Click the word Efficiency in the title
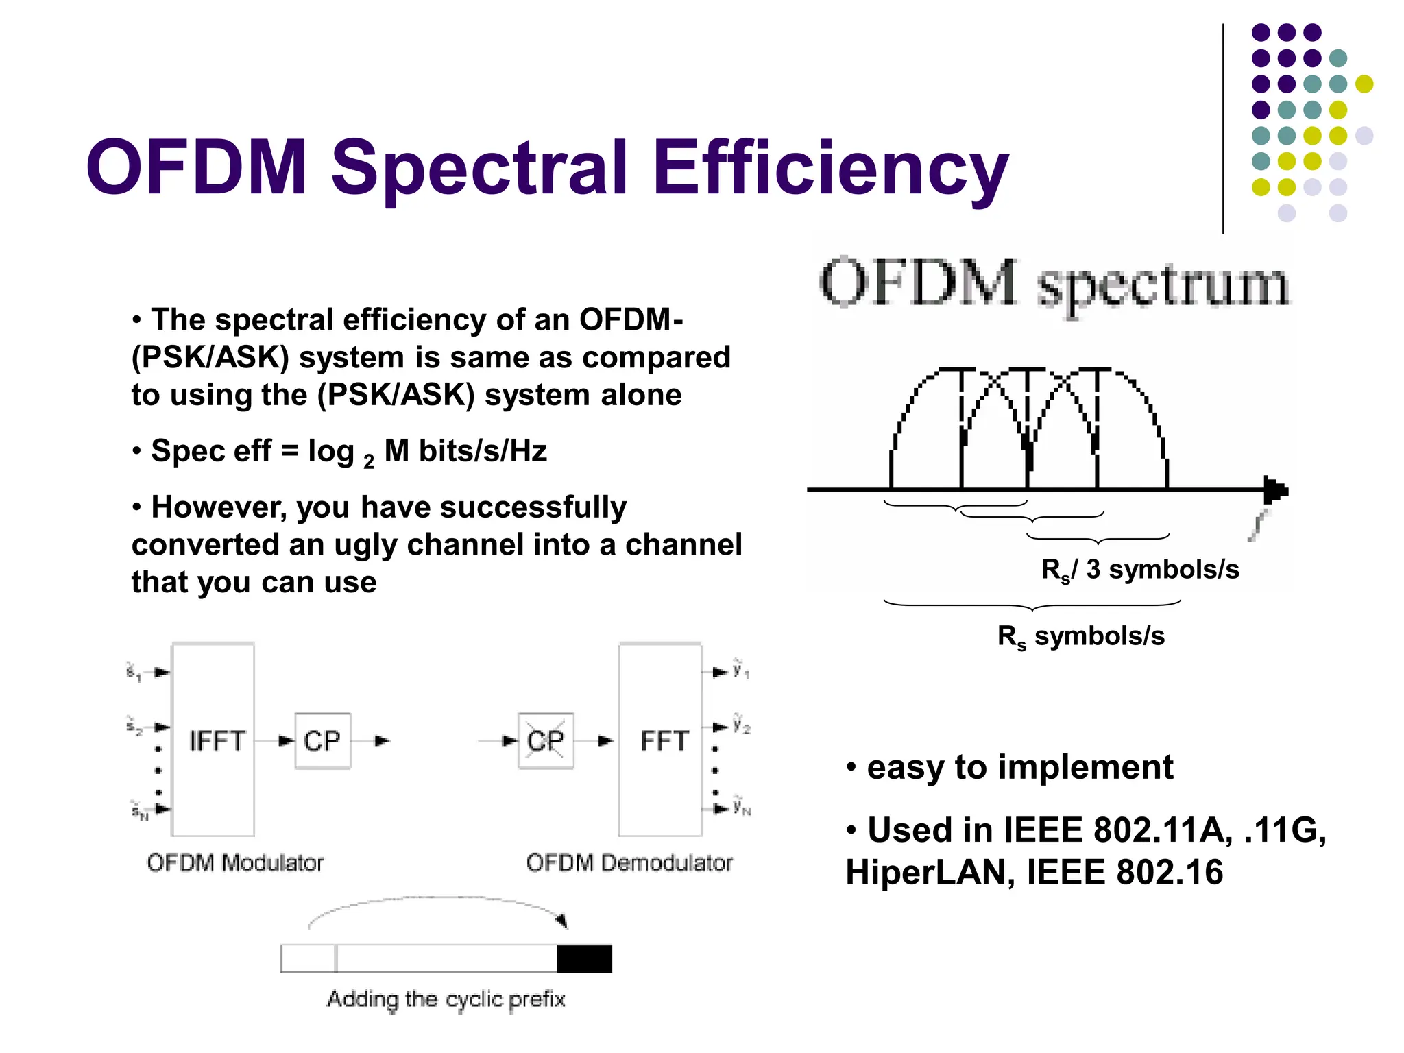coord(830,168)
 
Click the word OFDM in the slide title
coord(197,168)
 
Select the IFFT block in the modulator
coord(213,740)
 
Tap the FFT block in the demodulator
coord(661,740)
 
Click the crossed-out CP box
coord(546,740)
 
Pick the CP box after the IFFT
coord(322,740)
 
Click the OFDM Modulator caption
coord(235,862)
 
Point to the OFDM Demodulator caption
coord(629,862)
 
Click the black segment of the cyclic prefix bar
coord(584,958)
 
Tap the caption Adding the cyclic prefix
coord(446,1000)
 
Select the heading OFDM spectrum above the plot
coord(1054,284)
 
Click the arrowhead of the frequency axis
coord(1276,490)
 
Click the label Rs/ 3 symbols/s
coord(1139,570)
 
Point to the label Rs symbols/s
coord(1081,636)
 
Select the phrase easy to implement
coord(1019,767)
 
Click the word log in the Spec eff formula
coord(331,451)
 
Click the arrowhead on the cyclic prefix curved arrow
coord(562,920)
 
